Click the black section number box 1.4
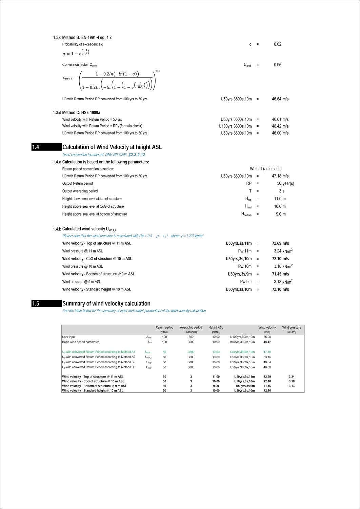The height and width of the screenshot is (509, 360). point(46,147)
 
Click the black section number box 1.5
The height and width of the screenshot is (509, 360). point(46,304)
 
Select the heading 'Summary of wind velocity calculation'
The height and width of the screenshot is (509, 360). point(106,304)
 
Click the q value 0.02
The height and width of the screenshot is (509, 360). point(277,44)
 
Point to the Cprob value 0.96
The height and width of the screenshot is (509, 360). point(277,65)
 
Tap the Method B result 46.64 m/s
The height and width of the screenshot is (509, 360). point(280,99)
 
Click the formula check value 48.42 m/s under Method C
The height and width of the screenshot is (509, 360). point(280,126)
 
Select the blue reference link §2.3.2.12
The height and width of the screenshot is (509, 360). point(137,155)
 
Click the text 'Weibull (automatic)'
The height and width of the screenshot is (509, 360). point(265,169)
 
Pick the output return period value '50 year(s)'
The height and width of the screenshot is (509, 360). point(285,184)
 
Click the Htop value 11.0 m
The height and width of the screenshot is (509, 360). point(280,199)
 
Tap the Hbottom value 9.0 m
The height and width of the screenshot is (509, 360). point(281,214)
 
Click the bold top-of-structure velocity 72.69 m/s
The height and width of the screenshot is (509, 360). point(280,243)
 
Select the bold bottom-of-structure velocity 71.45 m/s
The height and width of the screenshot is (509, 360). point(280,274)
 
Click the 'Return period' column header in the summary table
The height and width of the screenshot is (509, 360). point(164,328)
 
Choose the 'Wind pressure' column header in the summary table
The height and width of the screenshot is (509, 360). point(292,328)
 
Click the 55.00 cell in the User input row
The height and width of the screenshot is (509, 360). point(267,337)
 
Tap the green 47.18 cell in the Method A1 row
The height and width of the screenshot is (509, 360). point(267,352)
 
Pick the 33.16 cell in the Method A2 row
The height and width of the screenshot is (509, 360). point(267,357)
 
